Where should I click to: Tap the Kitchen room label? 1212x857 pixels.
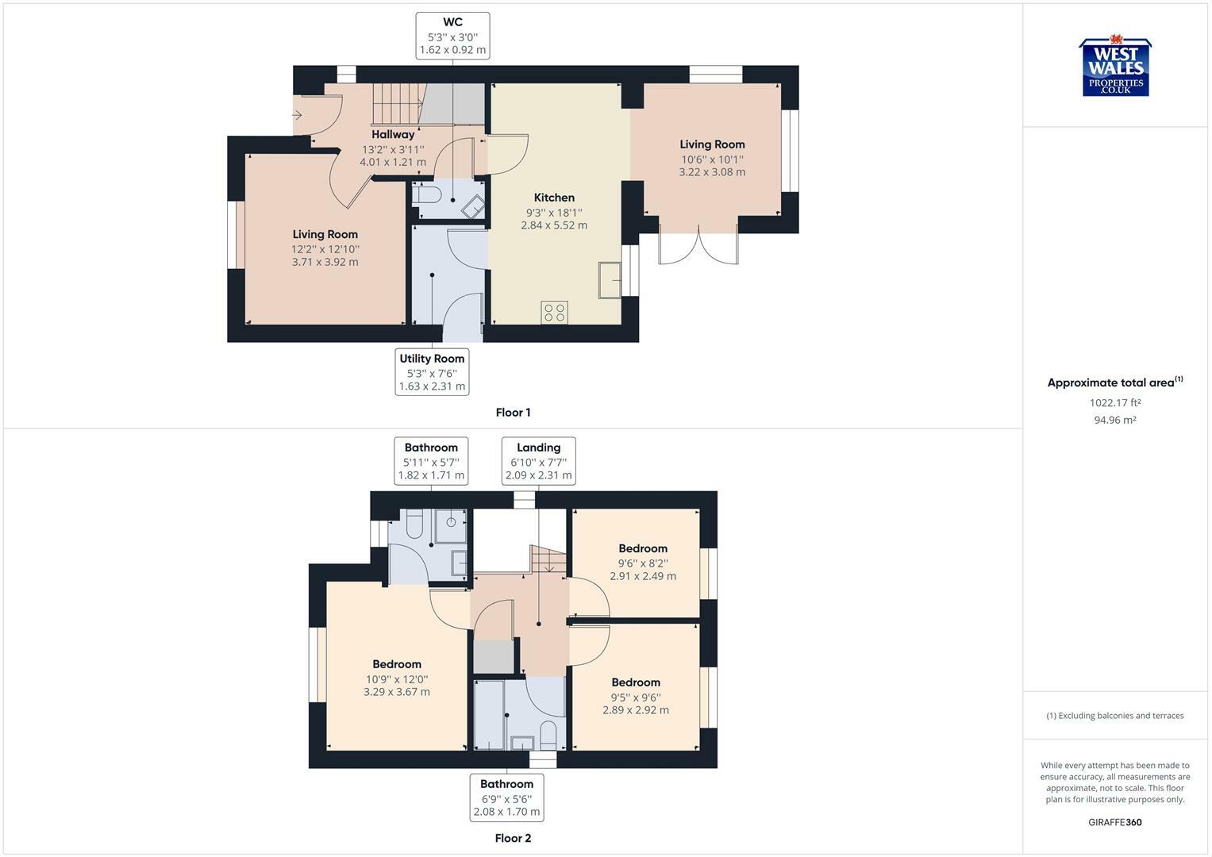tap(554, 198)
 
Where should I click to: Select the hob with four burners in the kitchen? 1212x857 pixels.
tap(554, 312)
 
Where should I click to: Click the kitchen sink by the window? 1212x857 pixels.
tap(610, 280)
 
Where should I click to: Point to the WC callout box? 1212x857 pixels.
tap(453, 36)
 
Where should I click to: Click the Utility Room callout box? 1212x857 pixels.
tap(432, 372)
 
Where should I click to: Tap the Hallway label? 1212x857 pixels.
tap(393, 134)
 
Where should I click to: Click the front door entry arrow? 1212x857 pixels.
tap(297, 115)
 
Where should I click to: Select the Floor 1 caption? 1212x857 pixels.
tap(513, 413)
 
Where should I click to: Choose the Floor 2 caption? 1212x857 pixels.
tap(513, 838)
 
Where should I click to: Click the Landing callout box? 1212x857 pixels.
tap(538, 461)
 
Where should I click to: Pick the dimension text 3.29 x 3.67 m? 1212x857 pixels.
tap(397, 691)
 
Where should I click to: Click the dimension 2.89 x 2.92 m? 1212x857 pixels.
tap(636, 710)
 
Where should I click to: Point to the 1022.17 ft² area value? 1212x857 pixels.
tap(1115, 402)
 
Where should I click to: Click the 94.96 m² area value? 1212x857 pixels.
tap(1115, 420)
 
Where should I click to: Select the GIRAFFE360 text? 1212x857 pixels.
tap(1115, 822)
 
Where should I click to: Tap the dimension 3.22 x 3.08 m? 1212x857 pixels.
tap(712, 172)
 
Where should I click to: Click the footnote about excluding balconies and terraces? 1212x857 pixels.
tap(1115, 716)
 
